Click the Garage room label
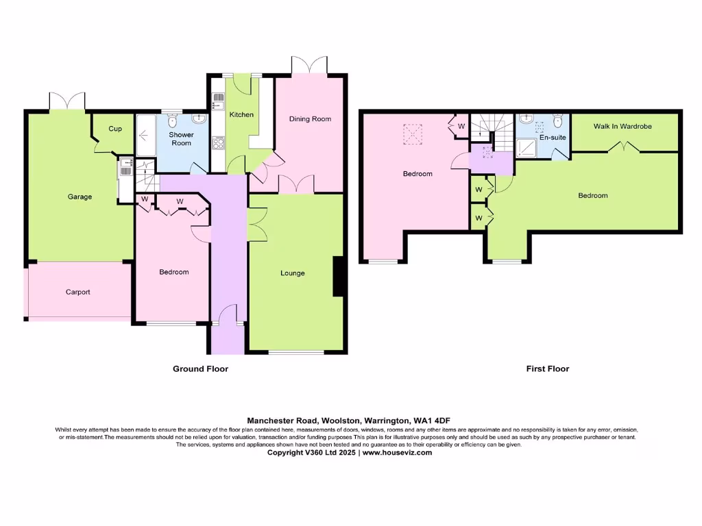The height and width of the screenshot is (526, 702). point(80,197)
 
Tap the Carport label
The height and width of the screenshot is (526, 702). point(78,292)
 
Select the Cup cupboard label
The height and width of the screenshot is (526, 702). point(115,129)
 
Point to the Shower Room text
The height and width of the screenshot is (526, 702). point(182,139)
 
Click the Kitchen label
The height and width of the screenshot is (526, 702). point(241,114)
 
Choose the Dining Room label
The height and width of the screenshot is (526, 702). point(310,119)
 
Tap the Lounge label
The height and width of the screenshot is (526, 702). point(293,273)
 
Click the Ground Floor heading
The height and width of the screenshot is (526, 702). point(200,368)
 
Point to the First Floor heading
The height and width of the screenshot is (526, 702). point(548,368)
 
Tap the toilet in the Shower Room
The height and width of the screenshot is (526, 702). point(173,121)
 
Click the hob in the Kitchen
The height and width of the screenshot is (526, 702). point(219,143)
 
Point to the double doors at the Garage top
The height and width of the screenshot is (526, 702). point(67,101)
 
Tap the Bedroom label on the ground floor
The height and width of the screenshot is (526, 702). point(173,272)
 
